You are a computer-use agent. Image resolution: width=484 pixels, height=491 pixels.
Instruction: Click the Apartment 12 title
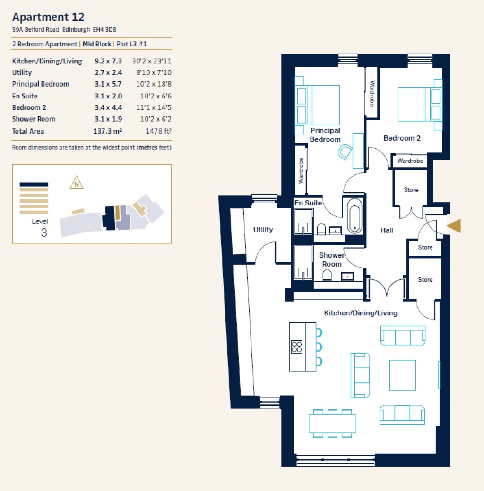coord(48,17)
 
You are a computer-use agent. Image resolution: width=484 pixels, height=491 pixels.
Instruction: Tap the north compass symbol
coord(76,183)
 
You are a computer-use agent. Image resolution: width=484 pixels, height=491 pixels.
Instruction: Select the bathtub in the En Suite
coord(354,216)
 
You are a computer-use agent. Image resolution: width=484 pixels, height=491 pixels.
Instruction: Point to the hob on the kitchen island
coord(297,347)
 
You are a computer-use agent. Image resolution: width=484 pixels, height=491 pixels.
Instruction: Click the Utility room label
coord(263,230)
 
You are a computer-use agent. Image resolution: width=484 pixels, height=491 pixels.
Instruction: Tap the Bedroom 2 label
coord(402,138)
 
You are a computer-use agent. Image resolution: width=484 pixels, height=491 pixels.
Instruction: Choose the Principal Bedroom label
coord(325,135)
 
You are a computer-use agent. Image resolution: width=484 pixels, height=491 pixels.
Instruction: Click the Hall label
coord(387,231)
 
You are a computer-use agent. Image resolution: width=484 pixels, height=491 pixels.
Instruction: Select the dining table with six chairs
coord(332,423)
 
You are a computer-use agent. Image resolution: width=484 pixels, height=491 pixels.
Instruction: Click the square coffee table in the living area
coord(402,375)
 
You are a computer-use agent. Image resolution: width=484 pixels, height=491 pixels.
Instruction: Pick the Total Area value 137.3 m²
coord(108,131)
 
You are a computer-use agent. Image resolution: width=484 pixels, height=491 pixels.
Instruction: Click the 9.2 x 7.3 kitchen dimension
coord(108,61)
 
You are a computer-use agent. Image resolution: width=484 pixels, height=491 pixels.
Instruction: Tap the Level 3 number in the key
coord(44,232)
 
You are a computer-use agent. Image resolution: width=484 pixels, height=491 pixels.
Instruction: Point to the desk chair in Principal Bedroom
coord(345,152)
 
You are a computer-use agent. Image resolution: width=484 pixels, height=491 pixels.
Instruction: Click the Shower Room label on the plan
coord(331,259)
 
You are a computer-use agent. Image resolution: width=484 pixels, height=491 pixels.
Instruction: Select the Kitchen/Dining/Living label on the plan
coord(360,313)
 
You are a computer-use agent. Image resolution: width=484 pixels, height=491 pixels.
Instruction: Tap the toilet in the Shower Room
coord(326,275)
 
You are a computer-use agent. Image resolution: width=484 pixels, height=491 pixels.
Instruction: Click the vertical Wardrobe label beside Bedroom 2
coord(372,94)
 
